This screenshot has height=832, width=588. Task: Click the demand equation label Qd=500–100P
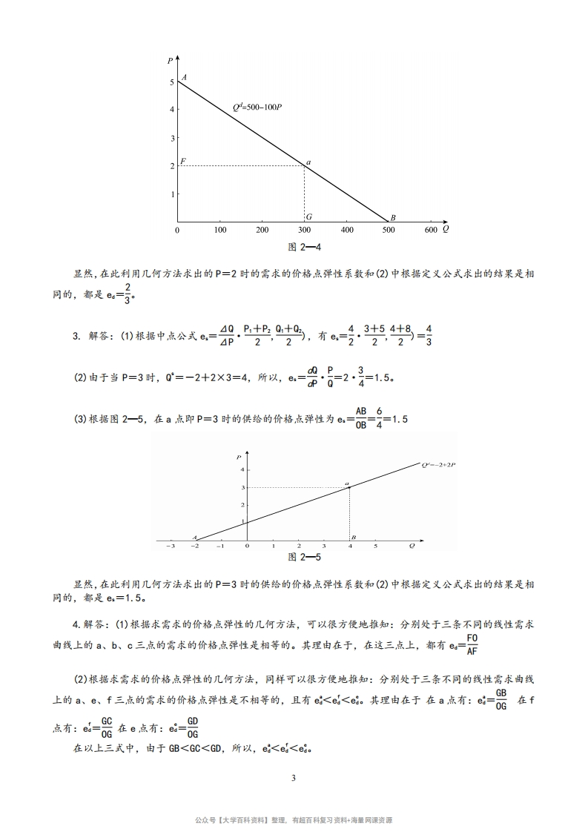click(257, 108)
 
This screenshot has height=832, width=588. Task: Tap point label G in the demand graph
click(308, 217)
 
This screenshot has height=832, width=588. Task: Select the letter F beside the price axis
click(182, 161)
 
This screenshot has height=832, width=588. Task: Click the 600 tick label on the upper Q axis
click(432, 231)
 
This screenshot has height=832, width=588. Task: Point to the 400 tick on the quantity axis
click(347, 231)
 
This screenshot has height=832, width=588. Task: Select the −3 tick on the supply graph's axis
click(171, 546)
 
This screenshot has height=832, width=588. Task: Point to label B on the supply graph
click(354, 537)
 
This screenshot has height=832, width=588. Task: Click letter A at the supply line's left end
click(194, 537)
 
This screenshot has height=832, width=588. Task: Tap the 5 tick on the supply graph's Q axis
click(375, 546)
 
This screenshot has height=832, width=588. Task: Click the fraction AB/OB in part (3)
click(362, 418)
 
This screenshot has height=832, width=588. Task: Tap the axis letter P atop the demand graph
click(171, 60)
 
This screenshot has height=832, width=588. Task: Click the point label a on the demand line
click(308, 162)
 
